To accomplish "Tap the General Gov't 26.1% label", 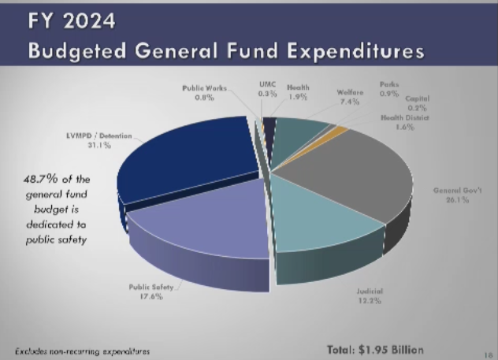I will click(452, 195).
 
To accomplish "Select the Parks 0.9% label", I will click(388, 87).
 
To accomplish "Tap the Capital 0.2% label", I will click(418, 102).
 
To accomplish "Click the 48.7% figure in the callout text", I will click(40, 180).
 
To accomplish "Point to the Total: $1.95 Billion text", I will click(375, 349).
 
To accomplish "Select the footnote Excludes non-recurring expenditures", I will click(82, 350).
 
